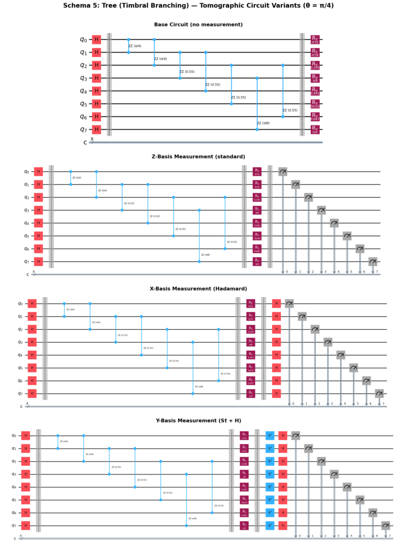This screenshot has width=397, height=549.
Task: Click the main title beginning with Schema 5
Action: point(198,6)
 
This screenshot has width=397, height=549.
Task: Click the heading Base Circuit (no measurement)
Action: point(198,25)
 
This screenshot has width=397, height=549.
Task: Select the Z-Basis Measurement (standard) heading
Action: point(198,157)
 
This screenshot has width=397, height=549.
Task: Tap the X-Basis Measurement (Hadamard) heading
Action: point(198,288)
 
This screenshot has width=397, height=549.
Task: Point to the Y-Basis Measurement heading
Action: point(198,420)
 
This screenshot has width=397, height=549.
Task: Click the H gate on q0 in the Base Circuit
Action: point(97,40)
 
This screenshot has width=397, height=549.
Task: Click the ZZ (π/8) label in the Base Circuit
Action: point(263,123)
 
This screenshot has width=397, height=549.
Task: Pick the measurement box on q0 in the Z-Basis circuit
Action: point(283,172)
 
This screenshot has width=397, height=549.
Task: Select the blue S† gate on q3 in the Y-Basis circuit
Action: point(270,474)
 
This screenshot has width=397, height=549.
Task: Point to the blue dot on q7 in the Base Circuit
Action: point(257,130)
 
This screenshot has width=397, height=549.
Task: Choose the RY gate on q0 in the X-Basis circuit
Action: point(251,303)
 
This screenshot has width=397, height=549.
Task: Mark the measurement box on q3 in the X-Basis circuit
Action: point(328,342)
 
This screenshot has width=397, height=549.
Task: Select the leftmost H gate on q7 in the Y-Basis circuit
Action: point(25,525)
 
